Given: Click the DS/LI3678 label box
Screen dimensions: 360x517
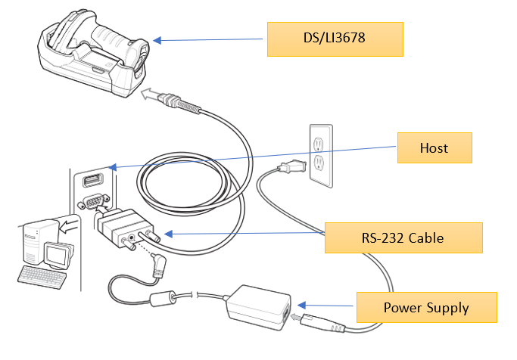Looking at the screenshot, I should point(334,39).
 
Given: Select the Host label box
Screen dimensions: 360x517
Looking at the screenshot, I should point(434,148).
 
